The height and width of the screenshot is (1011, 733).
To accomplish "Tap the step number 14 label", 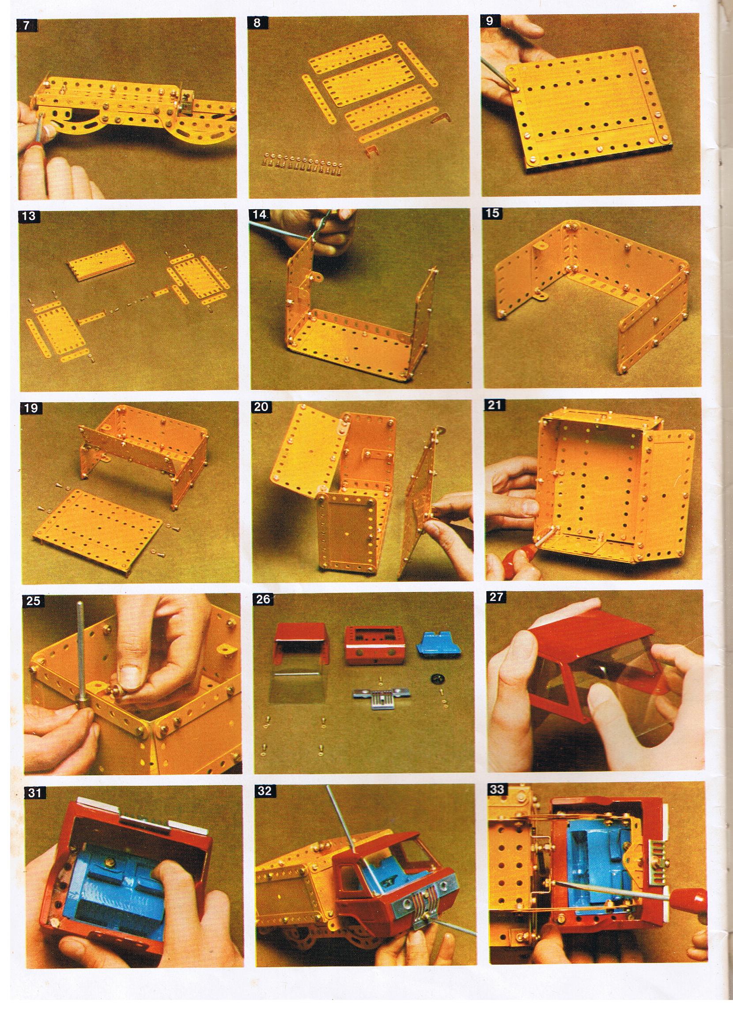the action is pyautogui.click(x=259, y=215).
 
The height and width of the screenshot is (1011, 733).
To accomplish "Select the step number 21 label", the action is pyautogui.click(x=495, y=405).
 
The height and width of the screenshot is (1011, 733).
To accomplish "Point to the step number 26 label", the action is pyautogui.click(x=263, y=599).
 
